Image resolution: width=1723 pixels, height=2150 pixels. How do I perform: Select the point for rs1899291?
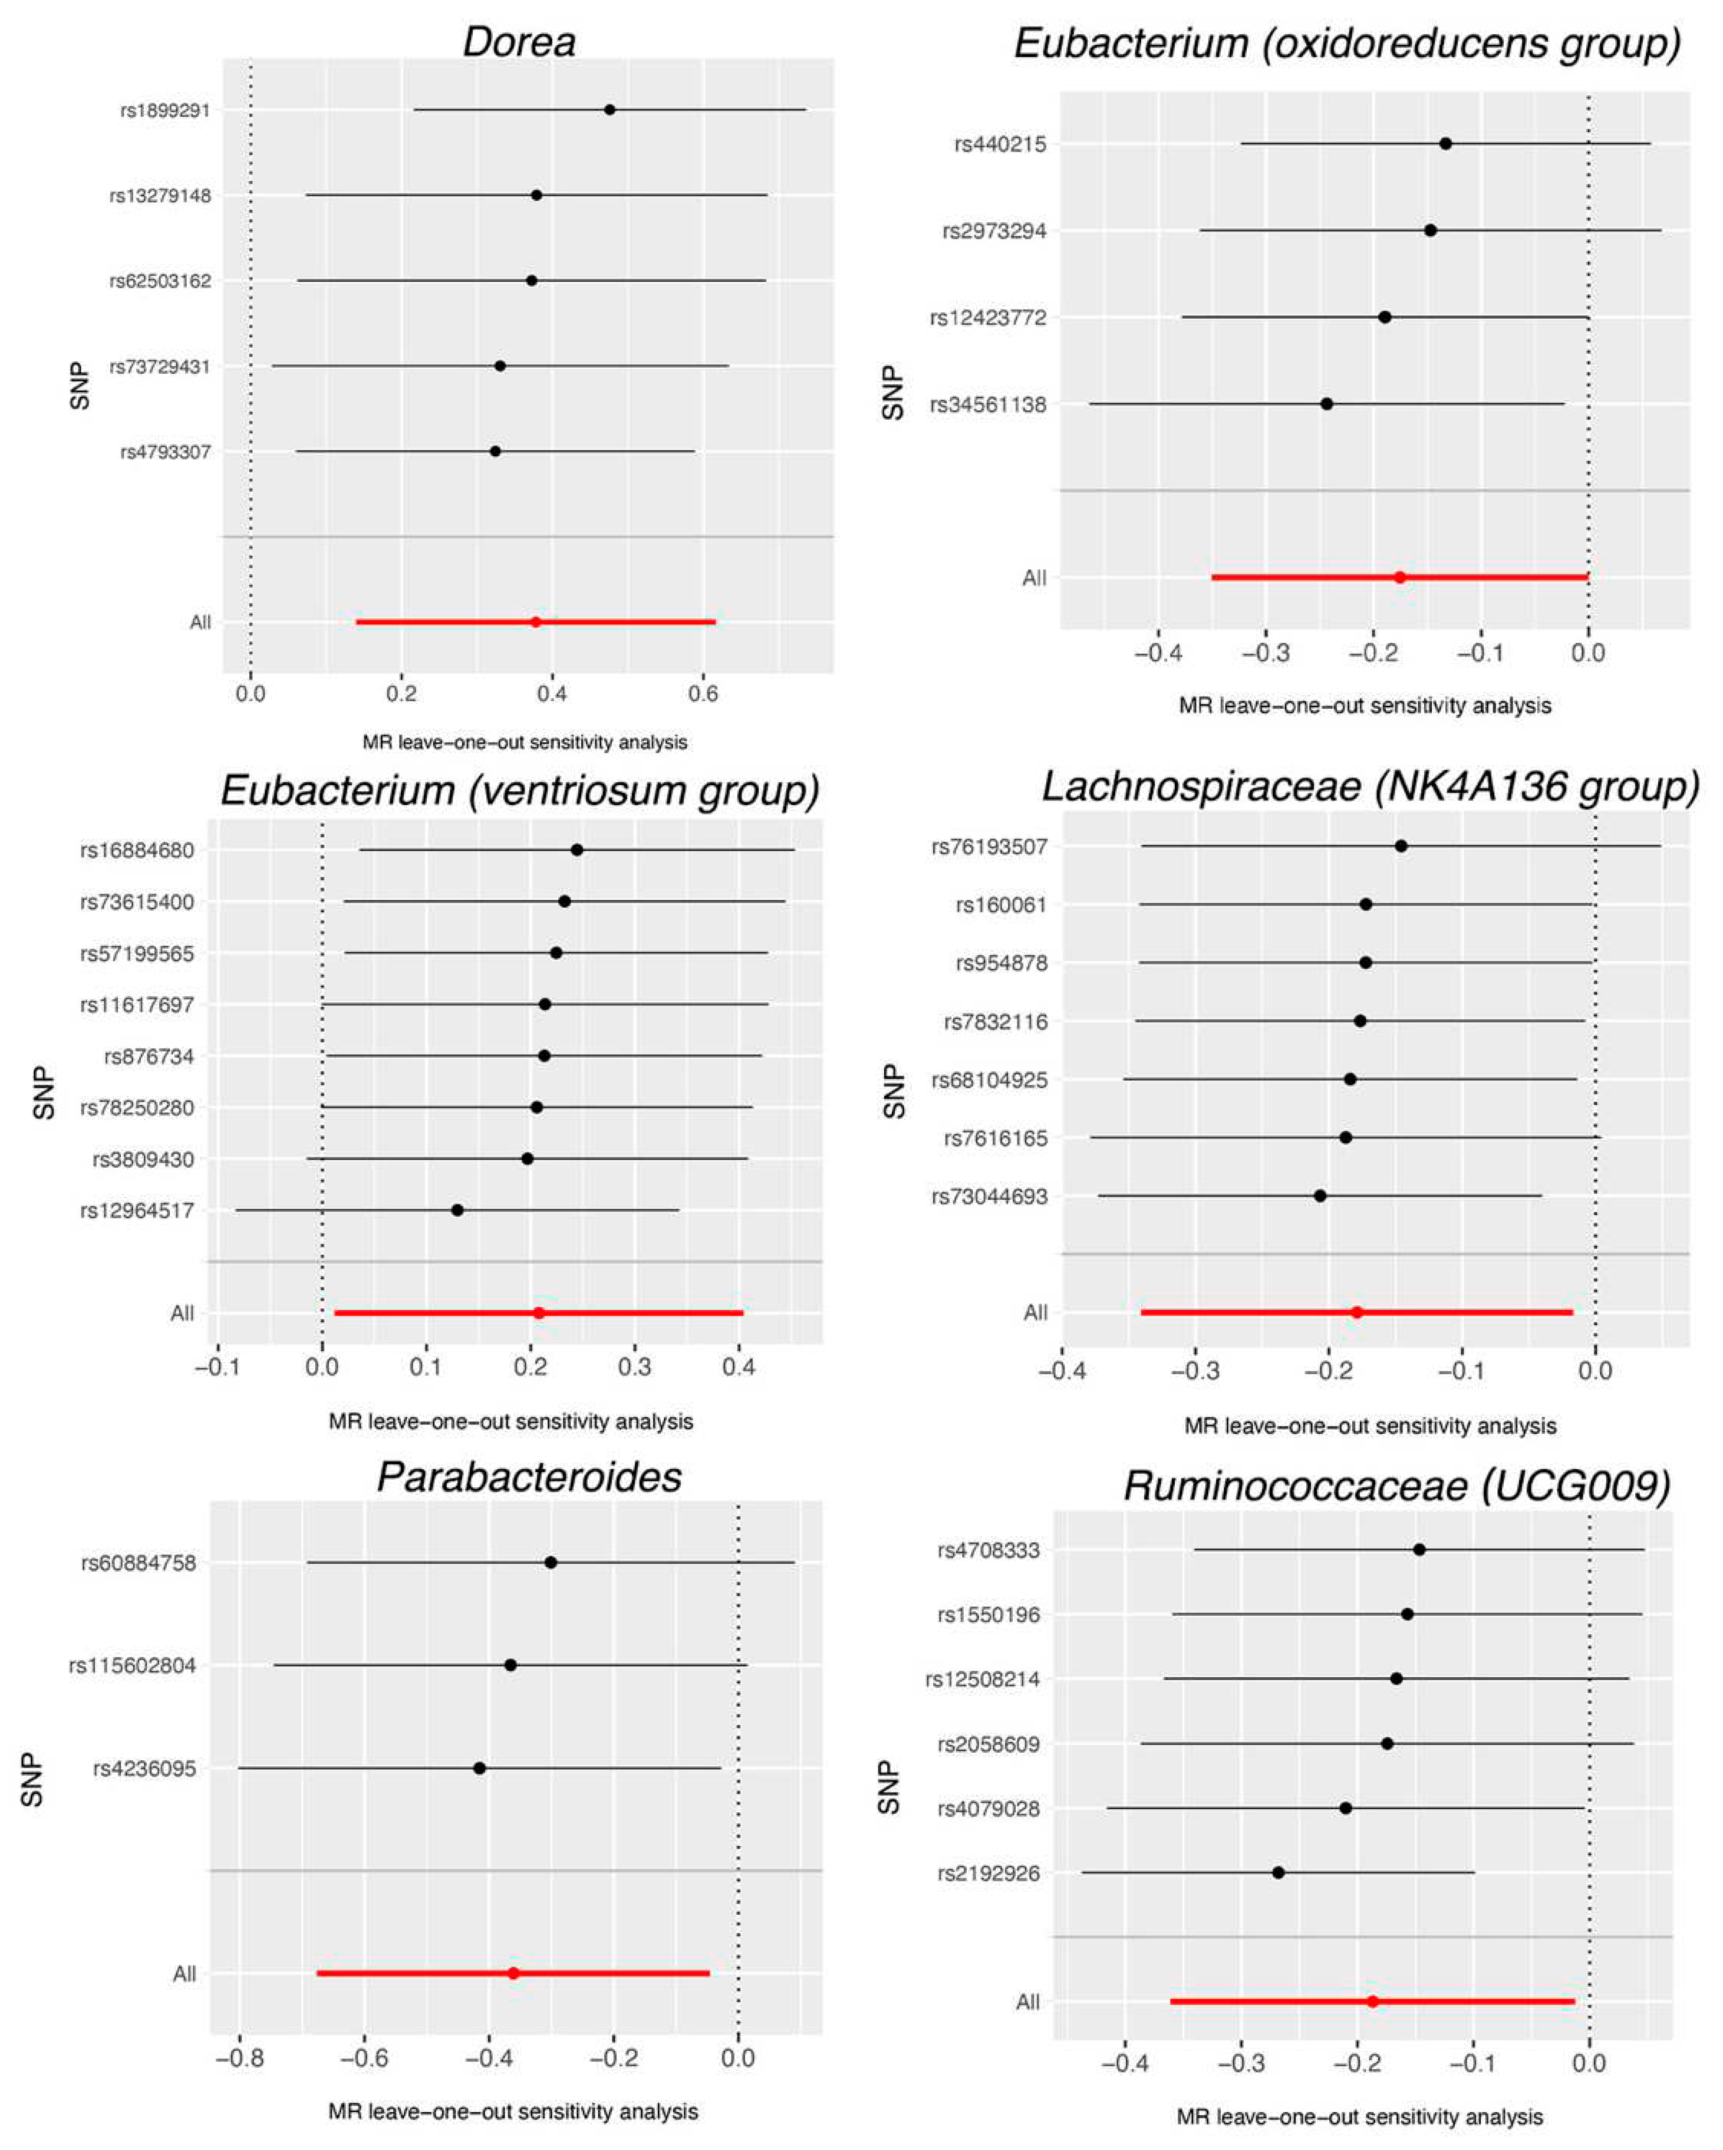[610, 110]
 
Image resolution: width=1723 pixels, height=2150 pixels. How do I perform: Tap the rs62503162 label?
[160, 281]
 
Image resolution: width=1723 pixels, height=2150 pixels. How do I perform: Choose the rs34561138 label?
[988, 405]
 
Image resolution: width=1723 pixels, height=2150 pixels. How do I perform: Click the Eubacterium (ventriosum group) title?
[519, 790]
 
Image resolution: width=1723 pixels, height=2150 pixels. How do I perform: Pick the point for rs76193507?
[1401, 845]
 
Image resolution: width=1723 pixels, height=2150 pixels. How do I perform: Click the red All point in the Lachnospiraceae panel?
[1357, 1312]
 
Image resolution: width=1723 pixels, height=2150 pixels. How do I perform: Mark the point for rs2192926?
[1279, 1873]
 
